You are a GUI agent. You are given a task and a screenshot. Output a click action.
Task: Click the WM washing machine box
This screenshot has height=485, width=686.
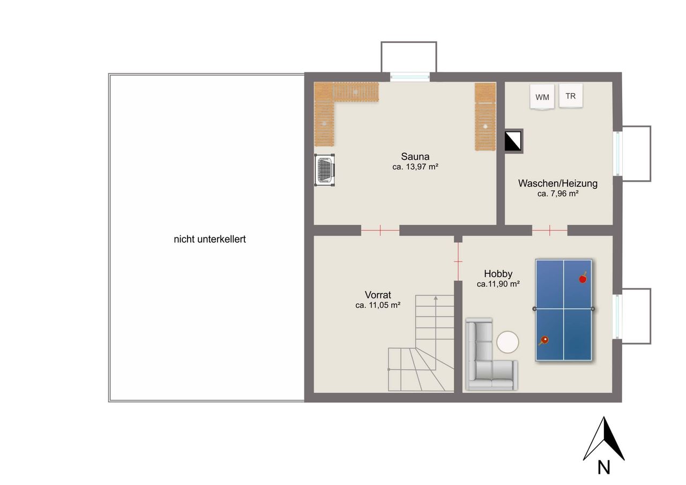coord(542,97)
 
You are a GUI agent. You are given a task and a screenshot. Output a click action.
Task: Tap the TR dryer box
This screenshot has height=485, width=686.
coord(571,95)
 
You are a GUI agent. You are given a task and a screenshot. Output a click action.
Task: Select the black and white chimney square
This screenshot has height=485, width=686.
coord(513,141)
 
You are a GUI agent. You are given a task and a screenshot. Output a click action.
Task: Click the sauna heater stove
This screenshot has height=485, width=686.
coord(325,170)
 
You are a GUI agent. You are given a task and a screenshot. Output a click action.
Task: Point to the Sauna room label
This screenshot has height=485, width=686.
coord(415,156)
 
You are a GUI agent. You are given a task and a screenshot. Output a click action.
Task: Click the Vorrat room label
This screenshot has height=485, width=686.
coord(378,295)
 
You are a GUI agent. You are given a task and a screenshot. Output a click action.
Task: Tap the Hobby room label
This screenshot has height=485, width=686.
coord(498,273)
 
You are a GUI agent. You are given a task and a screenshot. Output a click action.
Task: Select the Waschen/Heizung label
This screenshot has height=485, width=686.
coord(558,183)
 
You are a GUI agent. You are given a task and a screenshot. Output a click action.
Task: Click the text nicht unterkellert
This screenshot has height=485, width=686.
coord(210,239)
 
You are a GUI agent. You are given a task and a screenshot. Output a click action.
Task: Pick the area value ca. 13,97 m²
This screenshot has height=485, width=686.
coord(415,167)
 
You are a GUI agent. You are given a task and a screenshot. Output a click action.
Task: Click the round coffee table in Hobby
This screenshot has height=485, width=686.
coord(508,342)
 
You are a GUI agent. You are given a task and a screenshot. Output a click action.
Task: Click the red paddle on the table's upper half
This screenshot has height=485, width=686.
coord(583,278)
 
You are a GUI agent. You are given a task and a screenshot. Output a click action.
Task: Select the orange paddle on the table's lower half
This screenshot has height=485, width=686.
coord(543,340)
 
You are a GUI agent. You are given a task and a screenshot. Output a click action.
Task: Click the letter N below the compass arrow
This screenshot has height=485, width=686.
coord(603,467)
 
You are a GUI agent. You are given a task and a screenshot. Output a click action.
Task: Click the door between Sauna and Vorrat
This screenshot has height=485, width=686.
coord(380,230)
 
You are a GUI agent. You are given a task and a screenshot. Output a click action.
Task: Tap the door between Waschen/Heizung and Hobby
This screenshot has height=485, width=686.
coord(550,230)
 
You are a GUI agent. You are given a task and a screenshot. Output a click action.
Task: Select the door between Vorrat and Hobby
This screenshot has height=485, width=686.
coord(458,262)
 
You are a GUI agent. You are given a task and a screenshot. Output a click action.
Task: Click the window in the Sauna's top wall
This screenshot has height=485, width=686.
coord(410,77)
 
